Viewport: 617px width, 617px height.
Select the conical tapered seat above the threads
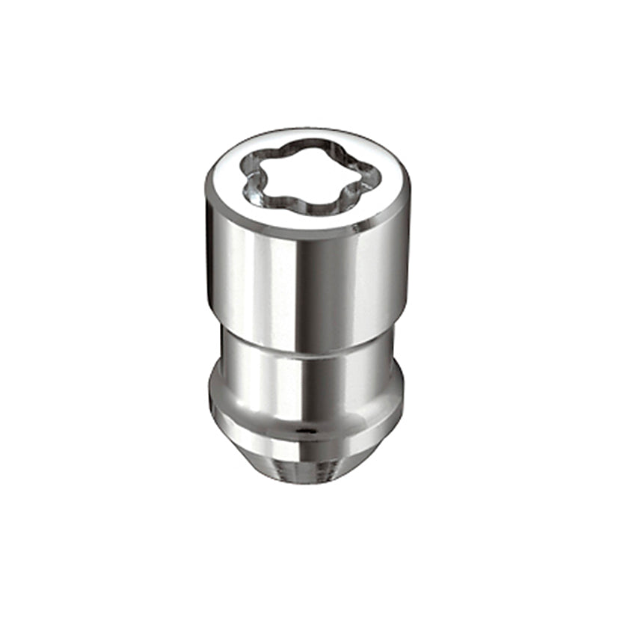pos(307,449)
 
